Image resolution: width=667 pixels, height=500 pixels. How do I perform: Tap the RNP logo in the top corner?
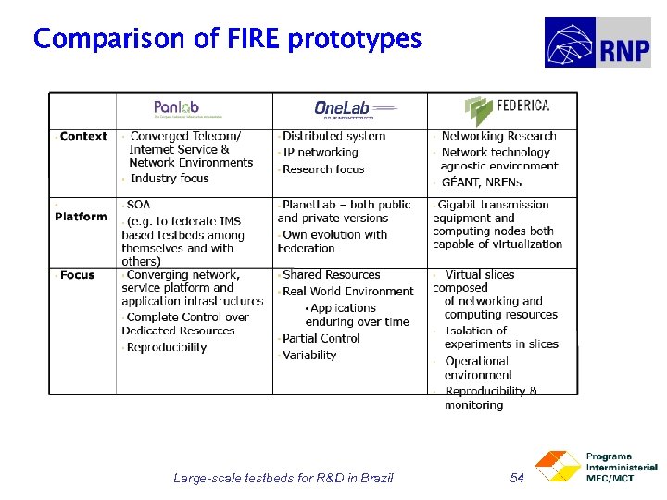pyautogui.click(x=597, y=43)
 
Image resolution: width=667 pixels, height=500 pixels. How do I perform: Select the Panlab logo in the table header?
pyautogui.click(x=176, y=109)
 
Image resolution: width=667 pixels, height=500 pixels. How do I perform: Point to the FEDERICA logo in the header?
pyautogui.click(x=508, y=109)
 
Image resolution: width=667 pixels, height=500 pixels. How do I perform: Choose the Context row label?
pyautogui.click(x=83, y=136)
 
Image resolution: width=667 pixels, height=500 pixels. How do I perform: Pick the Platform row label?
pyautogui.click(x=81, y=217)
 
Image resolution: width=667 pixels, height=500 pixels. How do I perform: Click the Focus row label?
pyautogui.click(x=77, y=275)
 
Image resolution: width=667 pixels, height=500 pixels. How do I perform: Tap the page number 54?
pyautogui.click(x=518, y=478)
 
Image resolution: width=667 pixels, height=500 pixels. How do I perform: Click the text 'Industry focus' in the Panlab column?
pyautogui.click(x=170, y=179)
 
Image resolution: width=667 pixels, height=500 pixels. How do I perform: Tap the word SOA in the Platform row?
pyautogui.click(x=139, y=205)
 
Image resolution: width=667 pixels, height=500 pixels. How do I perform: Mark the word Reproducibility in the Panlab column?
pyautogui.click(x=167, y=348)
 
